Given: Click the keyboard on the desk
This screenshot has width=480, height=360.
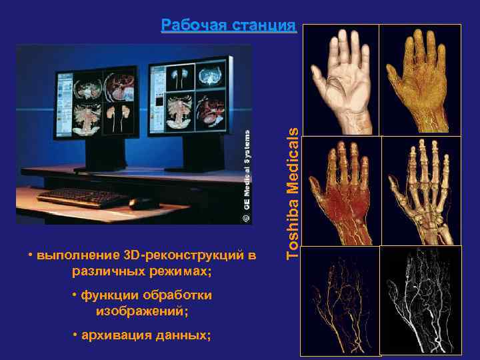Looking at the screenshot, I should (x=74, y=197).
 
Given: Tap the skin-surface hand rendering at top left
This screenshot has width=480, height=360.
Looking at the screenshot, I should (x=340, y=80).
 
